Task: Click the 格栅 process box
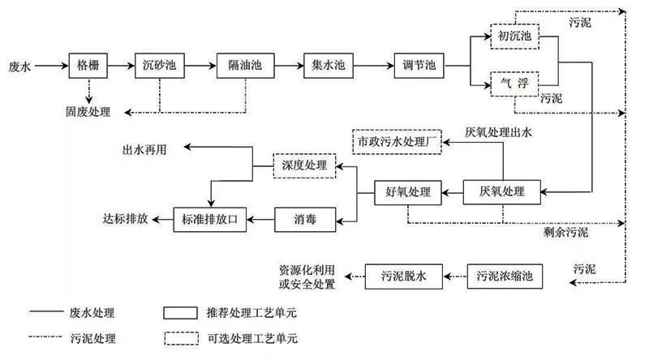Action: [x=88, y=65]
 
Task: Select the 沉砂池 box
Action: [x=159, y=65]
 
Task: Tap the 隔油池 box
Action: [x=242, y=65]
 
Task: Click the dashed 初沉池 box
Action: [x=514, y=37]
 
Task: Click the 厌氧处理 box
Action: [x=503, y=192]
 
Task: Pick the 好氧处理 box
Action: [x=408, y=192]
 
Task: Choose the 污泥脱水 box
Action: [x=403, y=276]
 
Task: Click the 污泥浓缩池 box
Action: [x=503, y=276]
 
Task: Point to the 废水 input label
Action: [x=19, y=65]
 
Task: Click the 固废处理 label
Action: [x=88, y=111]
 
